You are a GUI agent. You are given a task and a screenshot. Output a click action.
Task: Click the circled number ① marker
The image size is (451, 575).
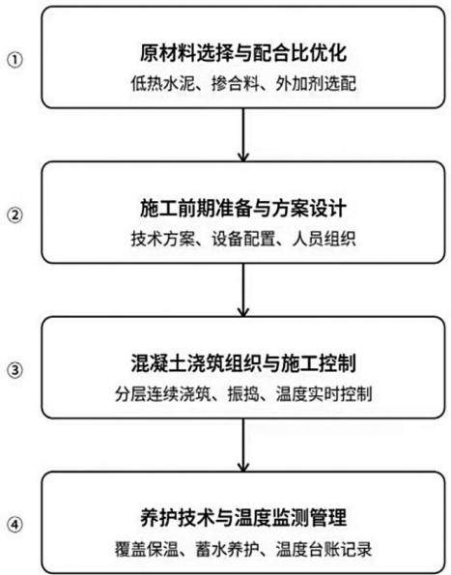tap(15, 60)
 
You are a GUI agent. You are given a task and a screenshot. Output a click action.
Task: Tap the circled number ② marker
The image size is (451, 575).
tap(15, 216)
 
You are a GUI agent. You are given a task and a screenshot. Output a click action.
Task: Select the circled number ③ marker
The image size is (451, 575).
tap(15, 370)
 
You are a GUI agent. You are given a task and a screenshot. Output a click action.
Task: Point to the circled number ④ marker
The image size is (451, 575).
tap(15, 525)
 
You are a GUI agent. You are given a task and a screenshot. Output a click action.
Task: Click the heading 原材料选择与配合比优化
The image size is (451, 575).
tap(243, 52)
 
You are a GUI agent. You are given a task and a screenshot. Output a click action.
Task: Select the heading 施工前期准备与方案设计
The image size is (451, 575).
tap(243, 208)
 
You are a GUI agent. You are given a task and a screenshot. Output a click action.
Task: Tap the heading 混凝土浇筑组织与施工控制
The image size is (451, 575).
tap(243, 363)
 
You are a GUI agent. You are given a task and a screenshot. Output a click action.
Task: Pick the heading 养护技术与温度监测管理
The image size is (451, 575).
tap(243, 518)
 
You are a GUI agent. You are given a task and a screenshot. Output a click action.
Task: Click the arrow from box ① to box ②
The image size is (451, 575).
tap(243, 134)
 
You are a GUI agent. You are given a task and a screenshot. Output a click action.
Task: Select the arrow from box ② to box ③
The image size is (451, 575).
tap(243, 290)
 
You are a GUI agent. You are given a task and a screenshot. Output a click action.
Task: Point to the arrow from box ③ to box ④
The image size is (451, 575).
tap(243, 445)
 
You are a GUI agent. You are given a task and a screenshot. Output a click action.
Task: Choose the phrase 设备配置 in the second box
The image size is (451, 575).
tap(243, 240)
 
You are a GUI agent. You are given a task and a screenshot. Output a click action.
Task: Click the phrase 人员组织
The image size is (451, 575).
tap(324, 240)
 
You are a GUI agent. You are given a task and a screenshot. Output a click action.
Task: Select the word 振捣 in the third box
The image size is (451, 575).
tap(243, 394)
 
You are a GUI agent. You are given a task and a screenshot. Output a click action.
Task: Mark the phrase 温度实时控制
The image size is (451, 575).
tap(324, 394)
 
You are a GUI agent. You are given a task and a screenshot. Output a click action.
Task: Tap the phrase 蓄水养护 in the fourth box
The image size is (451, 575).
tap(227, 549)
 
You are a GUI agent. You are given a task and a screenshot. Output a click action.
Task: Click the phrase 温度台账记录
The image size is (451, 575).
tap(324, 549)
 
